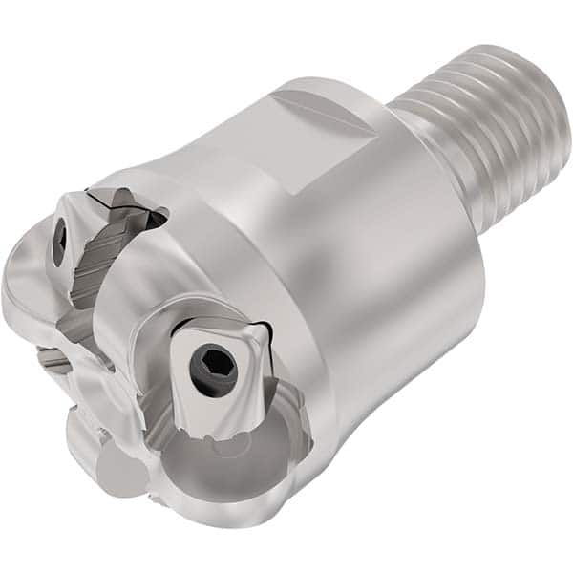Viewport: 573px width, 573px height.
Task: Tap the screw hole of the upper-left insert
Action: coord(59,242)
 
